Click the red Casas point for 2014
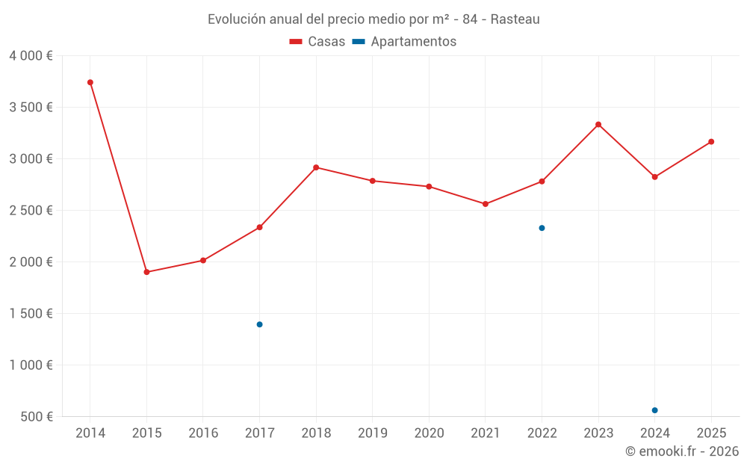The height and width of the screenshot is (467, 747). click(90, 82)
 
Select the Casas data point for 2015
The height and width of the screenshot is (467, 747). click(146, 272)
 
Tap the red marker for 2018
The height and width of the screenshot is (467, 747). click(316, 167)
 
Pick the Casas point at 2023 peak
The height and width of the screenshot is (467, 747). click(598, 124)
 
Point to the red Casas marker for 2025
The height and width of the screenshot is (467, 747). click(711, 141)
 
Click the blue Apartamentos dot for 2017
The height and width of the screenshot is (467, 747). click(259, 324)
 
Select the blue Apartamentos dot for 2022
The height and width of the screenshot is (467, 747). click(542, 228)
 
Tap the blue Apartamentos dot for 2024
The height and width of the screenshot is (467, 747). click(654, 410)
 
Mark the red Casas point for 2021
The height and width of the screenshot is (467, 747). click(486, 204)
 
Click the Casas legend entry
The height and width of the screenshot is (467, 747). click(317, 42)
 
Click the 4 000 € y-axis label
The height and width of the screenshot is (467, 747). click(31, 55)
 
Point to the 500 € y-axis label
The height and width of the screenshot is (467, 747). click(36, 416)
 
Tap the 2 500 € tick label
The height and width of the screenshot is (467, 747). click(31, 210)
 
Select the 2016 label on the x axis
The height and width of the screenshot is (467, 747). click(203, 433)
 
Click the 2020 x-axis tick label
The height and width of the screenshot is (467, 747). click(429, 433)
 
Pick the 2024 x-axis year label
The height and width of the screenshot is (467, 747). click(654, 433)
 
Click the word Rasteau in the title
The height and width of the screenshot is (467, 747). click(515, 19)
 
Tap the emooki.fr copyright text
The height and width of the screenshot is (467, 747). click(682, 451)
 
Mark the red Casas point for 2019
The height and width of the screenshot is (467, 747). click(372, 181)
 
